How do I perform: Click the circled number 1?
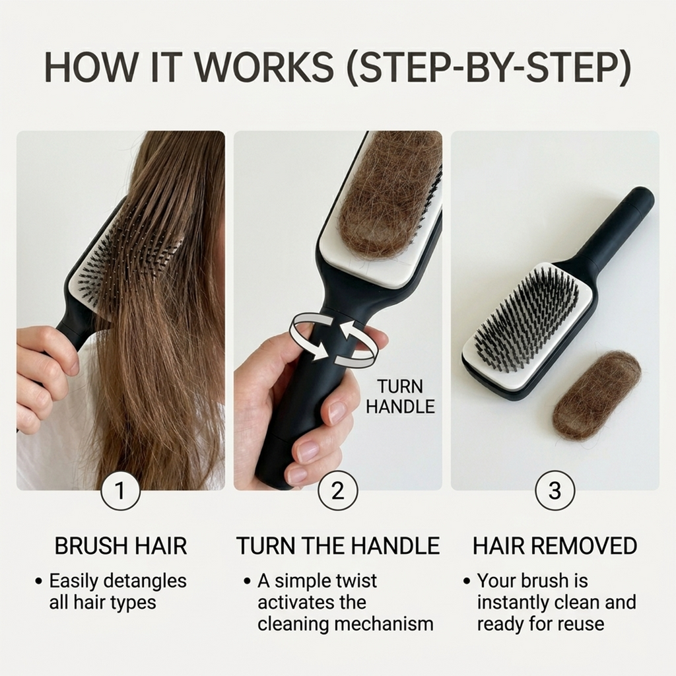[121, 491]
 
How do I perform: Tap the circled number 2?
[338, 491]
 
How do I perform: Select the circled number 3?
[555, 491]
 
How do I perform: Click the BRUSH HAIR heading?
[121, 546]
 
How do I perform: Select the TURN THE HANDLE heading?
[338, 546]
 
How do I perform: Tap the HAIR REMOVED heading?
[555, 546]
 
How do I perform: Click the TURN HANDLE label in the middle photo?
[400, 397]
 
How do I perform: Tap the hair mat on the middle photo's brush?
[383, 198]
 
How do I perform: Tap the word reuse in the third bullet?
[581, 624]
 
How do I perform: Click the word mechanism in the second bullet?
[389, 624]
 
